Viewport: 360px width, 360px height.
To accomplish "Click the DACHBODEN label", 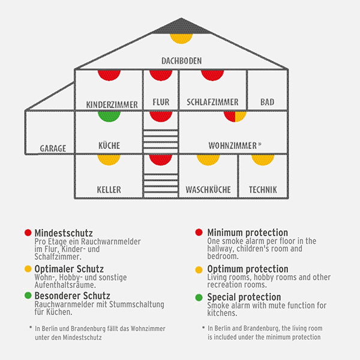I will [181, 61].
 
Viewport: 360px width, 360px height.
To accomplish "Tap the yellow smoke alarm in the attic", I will [181, 37].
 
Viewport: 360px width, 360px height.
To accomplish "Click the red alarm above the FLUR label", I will [161, 75].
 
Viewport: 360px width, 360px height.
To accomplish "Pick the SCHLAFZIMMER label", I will [213, 103].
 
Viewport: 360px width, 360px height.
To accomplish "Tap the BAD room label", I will [267, 103].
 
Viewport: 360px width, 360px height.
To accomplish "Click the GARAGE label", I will [53, 148].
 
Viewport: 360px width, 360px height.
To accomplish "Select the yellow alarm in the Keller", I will [109, 160].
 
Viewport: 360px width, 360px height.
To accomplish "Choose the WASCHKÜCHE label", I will [208, 190].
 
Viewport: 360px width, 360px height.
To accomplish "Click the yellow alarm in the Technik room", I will [263, 160].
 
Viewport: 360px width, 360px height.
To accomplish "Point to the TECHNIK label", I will [263, 190].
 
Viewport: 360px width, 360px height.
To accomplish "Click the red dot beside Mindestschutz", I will [28, 232].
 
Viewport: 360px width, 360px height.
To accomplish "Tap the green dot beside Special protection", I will [199, 297].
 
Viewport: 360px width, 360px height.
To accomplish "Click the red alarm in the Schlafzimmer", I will [212, 75].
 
